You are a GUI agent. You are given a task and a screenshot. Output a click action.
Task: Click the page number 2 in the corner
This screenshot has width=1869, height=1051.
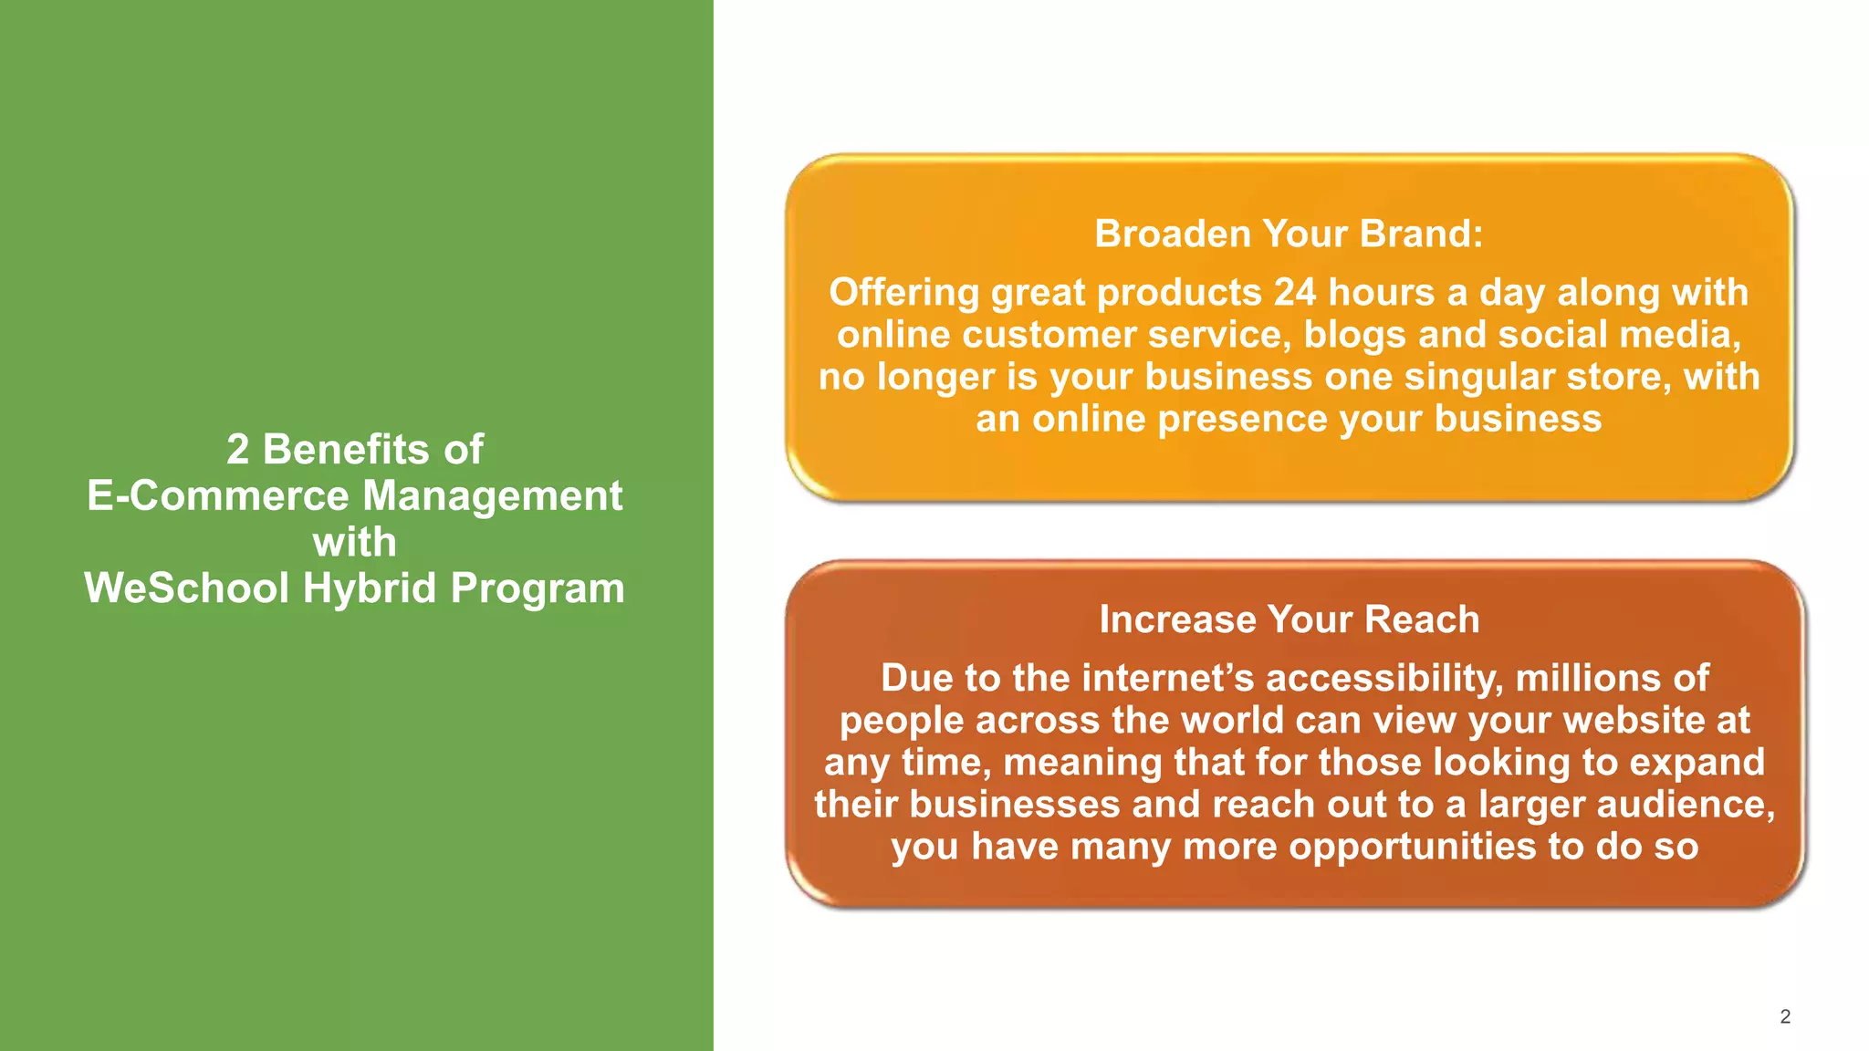tap(1785, 1016)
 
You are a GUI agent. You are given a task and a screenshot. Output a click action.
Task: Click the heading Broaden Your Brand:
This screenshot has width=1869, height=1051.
tap(1289, 234)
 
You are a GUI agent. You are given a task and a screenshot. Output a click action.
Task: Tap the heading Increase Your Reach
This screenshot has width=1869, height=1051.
tap(1289, 619)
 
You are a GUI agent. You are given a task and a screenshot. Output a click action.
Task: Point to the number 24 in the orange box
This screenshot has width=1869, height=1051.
tap(1295, 293)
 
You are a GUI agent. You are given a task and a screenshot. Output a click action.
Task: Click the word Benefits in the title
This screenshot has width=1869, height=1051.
tap(346, 450)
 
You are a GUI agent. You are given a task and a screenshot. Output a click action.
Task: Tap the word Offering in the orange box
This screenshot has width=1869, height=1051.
tap(903, 293)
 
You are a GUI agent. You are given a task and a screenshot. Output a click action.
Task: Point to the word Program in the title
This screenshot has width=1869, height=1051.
tap(538, 588)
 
